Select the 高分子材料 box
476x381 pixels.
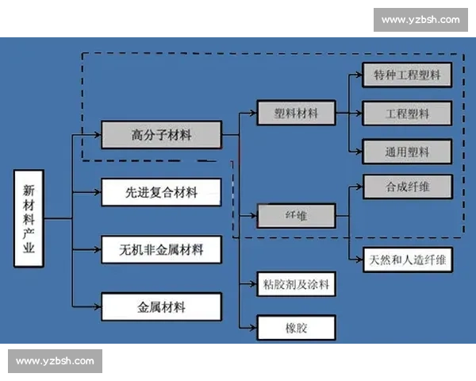pyautogui.click(x=161, y=135)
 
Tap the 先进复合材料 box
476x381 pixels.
pyautogui.click(x=161, y=192)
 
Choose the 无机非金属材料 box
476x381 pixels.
pyautogui.click(x=161, y=249)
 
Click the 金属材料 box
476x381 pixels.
pyautogui.click(x=161, y=306)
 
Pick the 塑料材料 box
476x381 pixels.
pyautogui.click(x=296, y=114)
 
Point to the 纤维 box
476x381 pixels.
pyautogui.click(x=296, y=215)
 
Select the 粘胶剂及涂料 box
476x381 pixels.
pyautogui.click(x=296, y=283)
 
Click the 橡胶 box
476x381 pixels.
pyautogui.click(x=296, y=327)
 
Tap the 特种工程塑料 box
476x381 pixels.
pyautogui.click(x=407, y=76)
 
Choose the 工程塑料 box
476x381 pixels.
pyautogui.click(x=407, y=114)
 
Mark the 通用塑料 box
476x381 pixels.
pyautogui.click(x=407, y=151)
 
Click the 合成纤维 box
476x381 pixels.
pyautogui.click(x=407, y=187)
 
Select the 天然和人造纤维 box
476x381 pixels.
pyautogui.click(x=407, y=260)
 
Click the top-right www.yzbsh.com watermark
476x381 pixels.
pyautogui.click(x=420, y=19)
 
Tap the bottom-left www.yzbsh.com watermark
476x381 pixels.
pyautogui.click(x=56, y=361)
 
